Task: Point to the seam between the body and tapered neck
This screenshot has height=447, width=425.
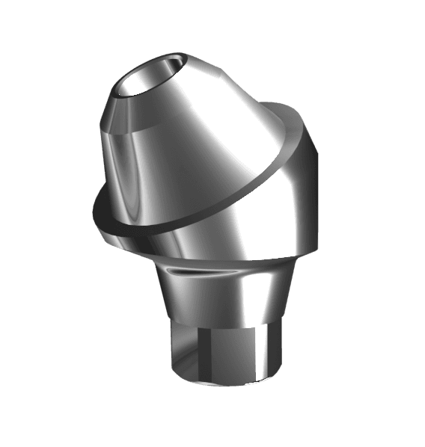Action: click(224, 259)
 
